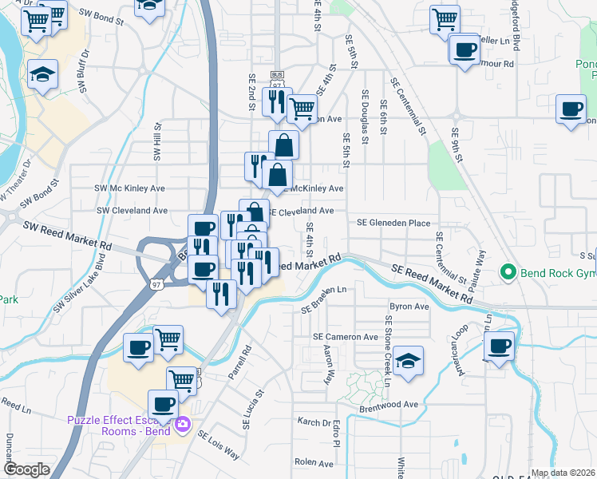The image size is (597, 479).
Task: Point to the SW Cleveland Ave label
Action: pos(132,211)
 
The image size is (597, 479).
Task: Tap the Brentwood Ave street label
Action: pos(389,405)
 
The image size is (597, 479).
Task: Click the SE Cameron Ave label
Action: pos(346,337)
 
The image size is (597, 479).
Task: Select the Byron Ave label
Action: pos(409,306)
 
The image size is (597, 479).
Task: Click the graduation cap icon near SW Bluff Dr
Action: pos(42,74)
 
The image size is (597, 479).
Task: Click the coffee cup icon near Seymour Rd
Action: pos(465,50)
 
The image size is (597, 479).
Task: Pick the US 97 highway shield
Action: pos(157,283)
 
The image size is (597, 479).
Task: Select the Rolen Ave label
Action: pos(314,461)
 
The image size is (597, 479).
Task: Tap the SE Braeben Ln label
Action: pos(325,297)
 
